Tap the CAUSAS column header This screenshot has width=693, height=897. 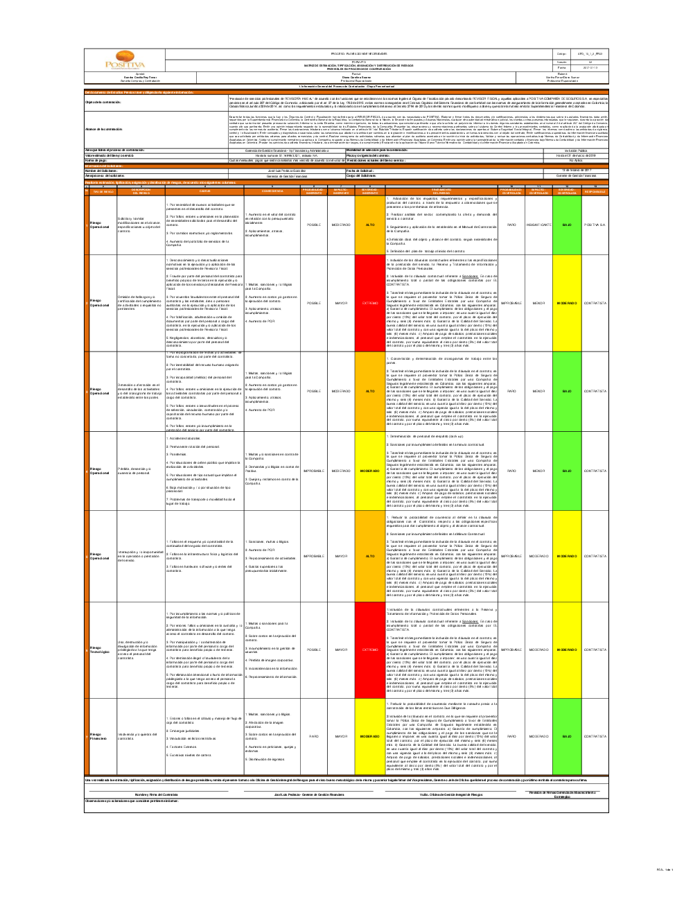pyautogui.click(x=204, y=191)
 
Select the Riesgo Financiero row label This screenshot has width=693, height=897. pyautogui.click(x=96, y=736)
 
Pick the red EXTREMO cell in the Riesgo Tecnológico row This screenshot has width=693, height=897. pyautogui.click(x=370, y=650)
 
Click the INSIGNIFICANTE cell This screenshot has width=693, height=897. pyautogui.click(x=538, y=225)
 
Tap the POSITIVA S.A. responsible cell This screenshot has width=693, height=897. pyautogui.click(x=595, y=225)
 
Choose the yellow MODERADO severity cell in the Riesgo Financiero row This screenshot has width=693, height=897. pyautogui.click(x=370, y=736)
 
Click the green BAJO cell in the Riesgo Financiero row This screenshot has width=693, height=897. pyautogui.click(x=566, y=736)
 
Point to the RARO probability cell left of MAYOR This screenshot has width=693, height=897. pyautogui.click(x=313, y=736)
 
